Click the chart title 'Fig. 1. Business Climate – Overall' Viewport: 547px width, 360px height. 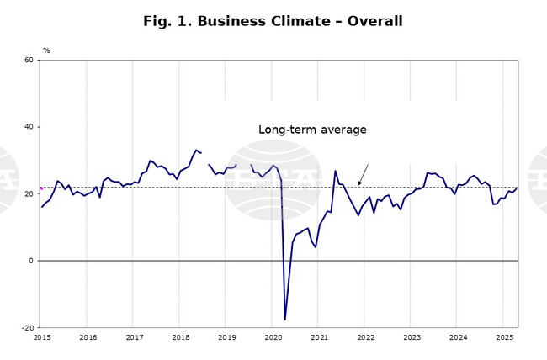pyautogui.click(x=273, y=21)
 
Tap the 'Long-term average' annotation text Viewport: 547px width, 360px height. pyautogui.click(x=312, y=130)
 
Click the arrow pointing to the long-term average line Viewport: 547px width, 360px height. pyautogui.click(x=364, y=174)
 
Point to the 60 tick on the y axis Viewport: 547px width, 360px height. pyautogui.click(x=29, y=61)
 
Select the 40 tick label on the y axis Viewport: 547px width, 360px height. pyautogui.click(x=29, y=127)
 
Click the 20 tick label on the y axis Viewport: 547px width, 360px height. pyautogui.click(x=29, y=194)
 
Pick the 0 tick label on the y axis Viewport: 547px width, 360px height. pyautogui.click(x=31, y=261)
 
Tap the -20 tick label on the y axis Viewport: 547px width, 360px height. pyautogui.click(x=27, y=328)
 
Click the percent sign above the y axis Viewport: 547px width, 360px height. pyautogui.click(x=46, y=50)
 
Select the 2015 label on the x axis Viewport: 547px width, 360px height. pyautogui.click(x=42, y=337)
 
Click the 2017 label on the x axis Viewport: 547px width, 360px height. pyautogui.click(x=135, y=337)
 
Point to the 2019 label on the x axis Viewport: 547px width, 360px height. pyautogui.click(x=227, y=337)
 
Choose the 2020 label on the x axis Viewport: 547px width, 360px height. pyautogui.click(x=273, y=337)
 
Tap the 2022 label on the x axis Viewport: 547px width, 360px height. pyautogui.click(x=365, y=337)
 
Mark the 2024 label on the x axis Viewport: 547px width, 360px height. pyautogui.click(x=458, y=337)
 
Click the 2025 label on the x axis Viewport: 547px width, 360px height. pyautogui.click(x=504, y=337)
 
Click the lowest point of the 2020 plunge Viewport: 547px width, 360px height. pyautogui.click(x=284, y=320)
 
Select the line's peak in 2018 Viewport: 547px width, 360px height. pyautogui.click(x=196, y=150)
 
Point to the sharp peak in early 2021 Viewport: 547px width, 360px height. pyautogui.click(x=335, y=171)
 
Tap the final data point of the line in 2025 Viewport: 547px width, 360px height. pyautogui.click(x=517, y=188)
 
